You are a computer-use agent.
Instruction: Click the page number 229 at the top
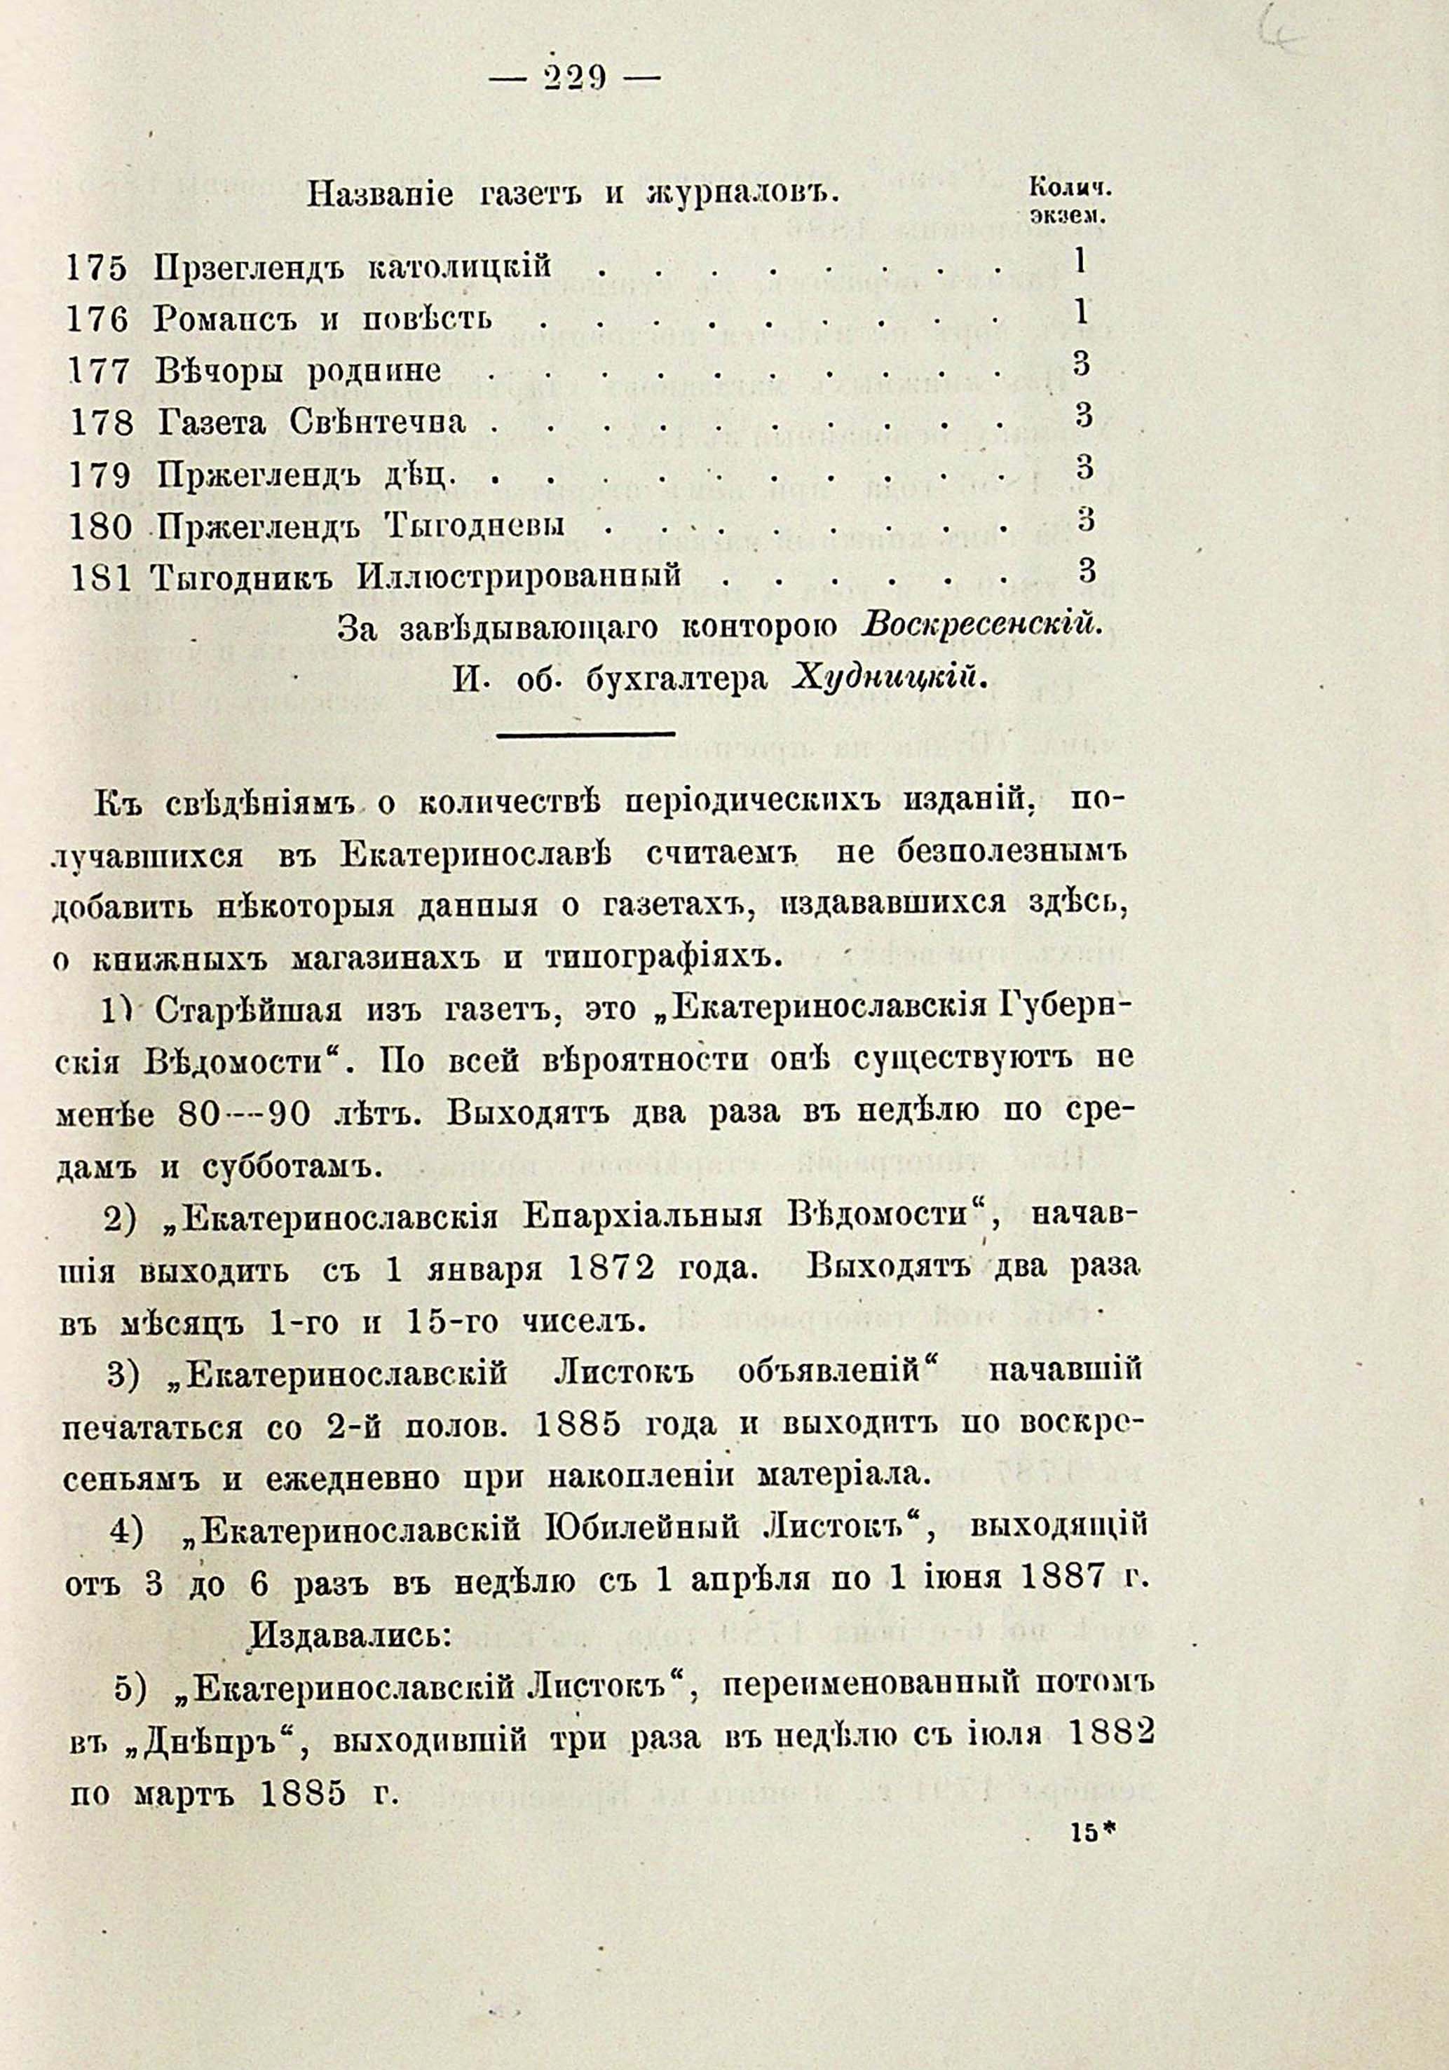573,80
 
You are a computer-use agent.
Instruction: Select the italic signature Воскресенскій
982,624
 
